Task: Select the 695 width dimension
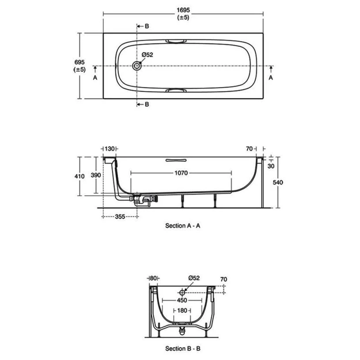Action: [x=80, y=63]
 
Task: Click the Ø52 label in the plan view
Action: [x=147, y=54]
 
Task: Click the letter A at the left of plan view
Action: [x=95, y=77]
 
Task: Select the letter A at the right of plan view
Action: [x=271, y=77]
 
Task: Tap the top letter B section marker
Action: [x=147, y=27]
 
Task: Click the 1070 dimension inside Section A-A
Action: [x=181, y=174]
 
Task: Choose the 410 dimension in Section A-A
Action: [x=80, y=176]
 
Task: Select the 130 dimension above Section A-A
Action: [x=110, y=149]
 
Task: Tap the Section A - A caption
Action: [x=183, y=226]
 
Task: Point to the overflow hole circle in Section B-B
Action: [x=182, y=292]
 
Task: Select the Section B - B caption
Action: [x=183, y=349]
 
